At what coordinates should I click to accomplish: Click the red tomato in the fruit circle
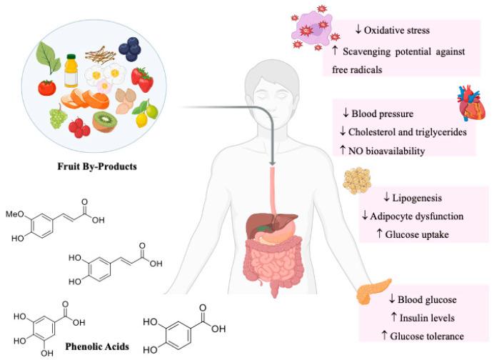47,88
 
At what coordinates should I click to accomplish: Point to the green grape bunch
56,116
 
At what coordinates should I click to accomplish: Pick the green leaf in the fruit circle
47,55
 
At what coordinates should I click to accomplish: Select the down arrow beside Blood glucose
385,301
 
